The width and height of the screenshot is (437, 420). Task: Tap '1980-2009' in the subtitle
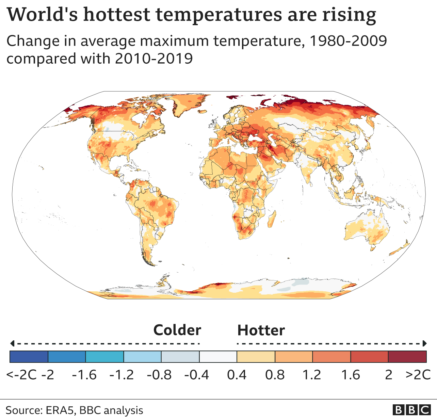[348, 41]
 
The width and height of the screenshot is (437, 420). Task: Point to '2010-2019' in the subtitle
[154, 59]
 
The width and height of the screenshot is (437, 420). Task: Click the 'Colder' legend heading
[177, 330]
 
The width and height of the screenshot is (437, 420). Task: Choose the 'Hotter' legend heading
[261, 330]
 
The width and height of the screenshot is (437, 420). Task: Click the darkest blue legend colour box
[29, 357]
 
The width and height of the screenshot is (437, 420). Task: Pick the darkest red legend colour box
[407, 357]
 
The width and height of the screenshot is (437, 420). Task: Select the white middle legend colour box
[218, 357]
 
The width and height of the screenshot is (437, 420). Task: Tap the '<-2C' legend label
[21, 375]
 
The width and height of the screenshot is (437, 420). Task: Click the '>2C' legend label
[418, 375]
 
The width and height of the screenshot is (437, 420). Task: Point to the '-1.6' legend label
[84, 375]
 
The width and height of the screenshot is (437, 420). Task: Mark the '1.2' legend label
[312, 375]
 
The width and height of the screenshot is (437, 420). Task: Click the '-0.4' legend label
[196, 375]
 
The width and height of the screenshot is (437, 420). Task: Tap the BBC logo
[411, 410]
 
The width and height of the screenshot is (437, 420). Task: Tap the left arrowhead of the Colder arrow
[12, 343]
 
